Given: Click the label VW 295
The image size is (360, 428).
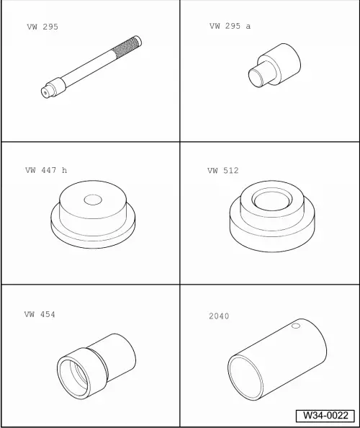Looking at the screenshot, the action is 42,27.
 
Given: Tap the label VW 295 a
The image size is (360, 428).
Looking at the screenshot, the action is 230,26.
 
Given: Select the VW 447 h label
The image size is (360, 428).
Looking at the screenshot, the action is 46,170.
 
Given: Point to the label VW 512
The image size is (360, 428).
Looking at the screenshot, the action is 222,171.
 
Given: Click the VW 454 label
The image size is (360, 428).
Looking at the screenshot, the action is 40,314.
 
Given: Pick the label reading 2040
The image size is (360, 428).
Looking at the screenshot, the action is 219,316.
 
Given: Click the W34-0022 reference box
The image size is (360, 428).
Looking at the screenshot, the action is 325,416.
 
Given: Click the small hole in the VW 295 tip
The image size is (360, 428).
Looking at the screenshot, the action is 45,93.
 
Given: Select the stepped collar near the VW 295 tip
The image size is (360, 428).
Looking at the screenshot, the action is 56,86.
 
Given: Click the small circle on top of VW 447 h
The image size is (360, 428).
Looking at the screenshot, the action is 93,200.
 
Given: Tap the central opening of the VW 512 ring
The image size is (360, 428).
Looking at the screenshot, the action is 271,201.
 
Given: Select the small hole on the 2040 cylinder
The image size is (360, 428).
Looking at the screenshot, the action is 296,326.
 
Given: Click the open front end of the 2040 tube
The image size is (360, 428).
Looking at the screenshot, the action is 246,378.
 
